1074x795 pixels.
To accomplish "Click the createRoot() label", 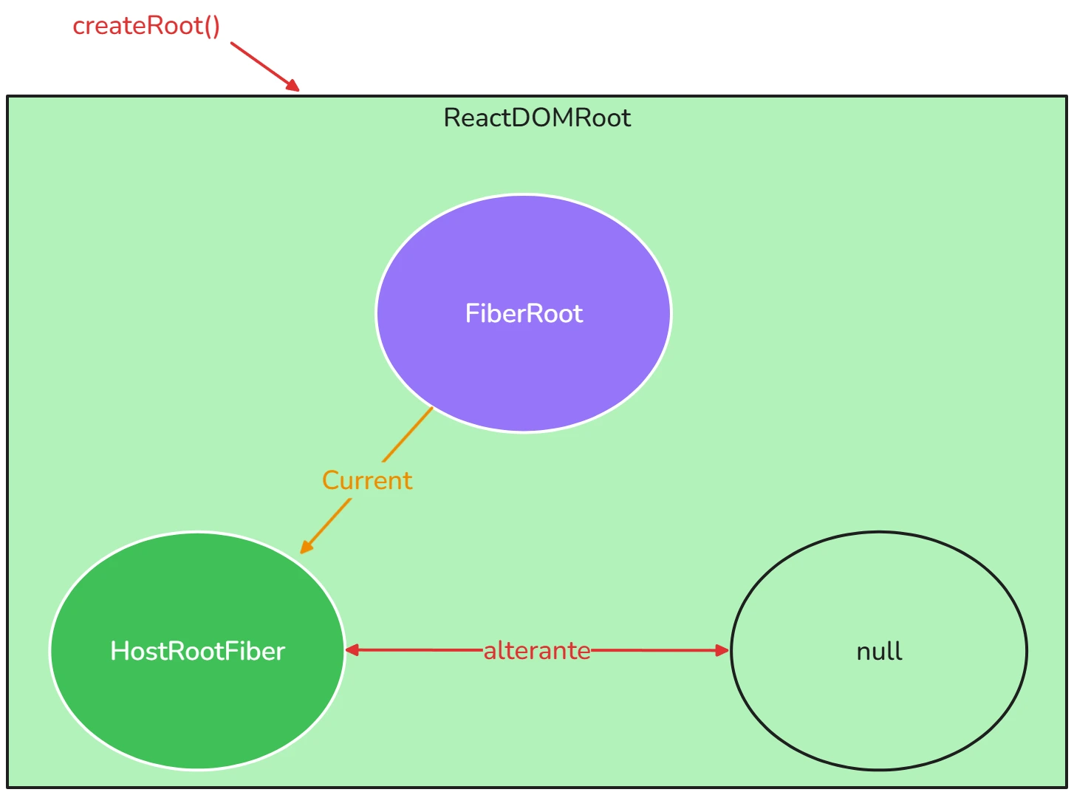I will click(146, 26).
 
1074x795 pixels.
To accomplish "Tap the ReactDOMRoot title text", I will click(537, 118).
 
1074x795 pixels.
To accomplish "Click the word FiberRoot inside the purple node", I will click(524, 313).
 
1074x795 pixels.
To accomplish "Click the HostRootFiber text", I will click(197, 651).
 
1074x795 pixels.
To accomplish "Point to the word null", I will click(879, 651).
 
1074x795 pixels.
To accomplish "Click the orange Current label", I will click(367, 480).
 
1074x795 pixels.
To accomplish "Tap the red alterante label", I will click(537, 651).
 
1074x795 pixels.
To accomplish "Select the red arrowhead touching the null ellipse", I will click(722, 650).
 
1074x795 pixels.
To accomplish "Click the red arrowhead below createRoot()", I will click(293, 86).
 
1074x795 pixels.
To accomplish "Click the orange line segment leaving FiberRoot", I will click(408, 434).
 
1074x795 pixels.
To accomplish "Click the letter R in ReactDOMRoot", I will click(451, 118).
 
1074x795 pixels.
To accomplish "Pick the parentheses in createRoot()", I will click(212, 27).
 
